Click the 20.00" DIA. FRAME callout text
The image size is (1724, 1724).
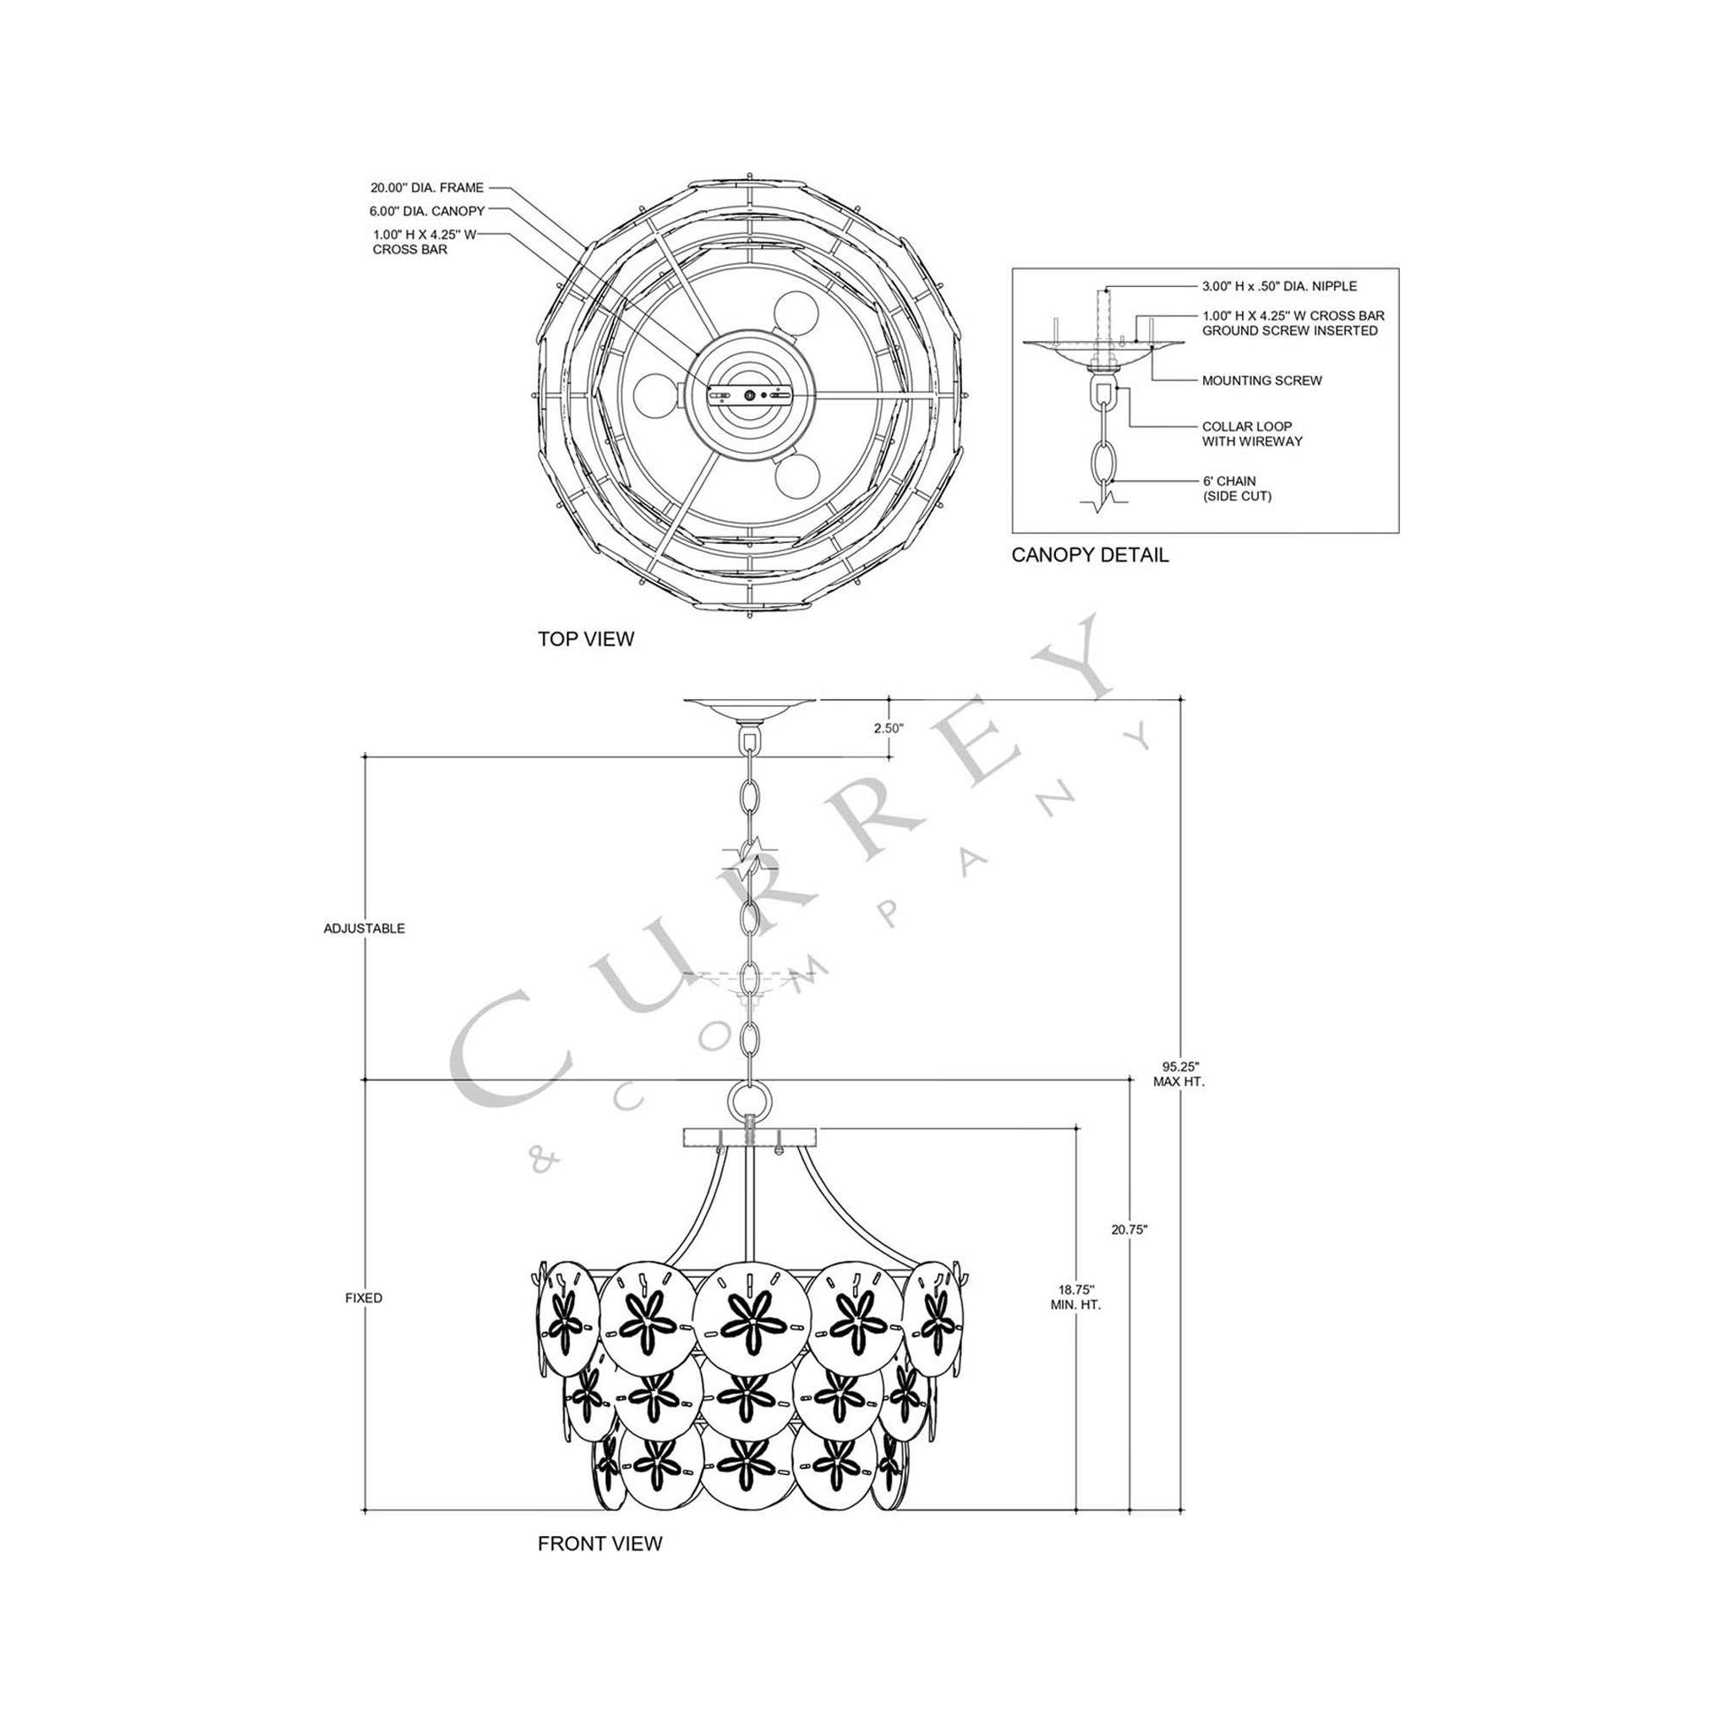pos(426,188)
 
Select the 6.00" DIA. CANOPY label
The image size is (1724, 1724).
pos(426,212)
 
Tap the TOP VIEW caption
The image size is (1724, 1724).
pos(586,639)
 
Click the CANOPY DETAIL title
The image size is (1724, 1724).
pos(1090,555)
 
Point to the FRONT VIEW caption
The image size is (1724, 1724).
pos(600,1544)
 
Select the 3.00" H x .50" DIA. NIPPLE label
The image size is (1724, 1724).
pos(1278,286)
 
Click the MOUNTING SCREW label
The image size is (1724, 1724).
pos(1262,380)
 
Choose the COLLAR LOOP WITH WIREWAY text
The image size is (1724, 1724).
pos(1252,434)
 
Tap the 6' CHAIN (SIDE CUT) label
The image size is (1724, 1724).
pos(1236,488)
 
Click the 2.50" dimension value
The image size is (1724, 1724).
pos(889,727)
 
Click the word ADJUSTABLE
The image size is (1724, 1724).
pos(364,928)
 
